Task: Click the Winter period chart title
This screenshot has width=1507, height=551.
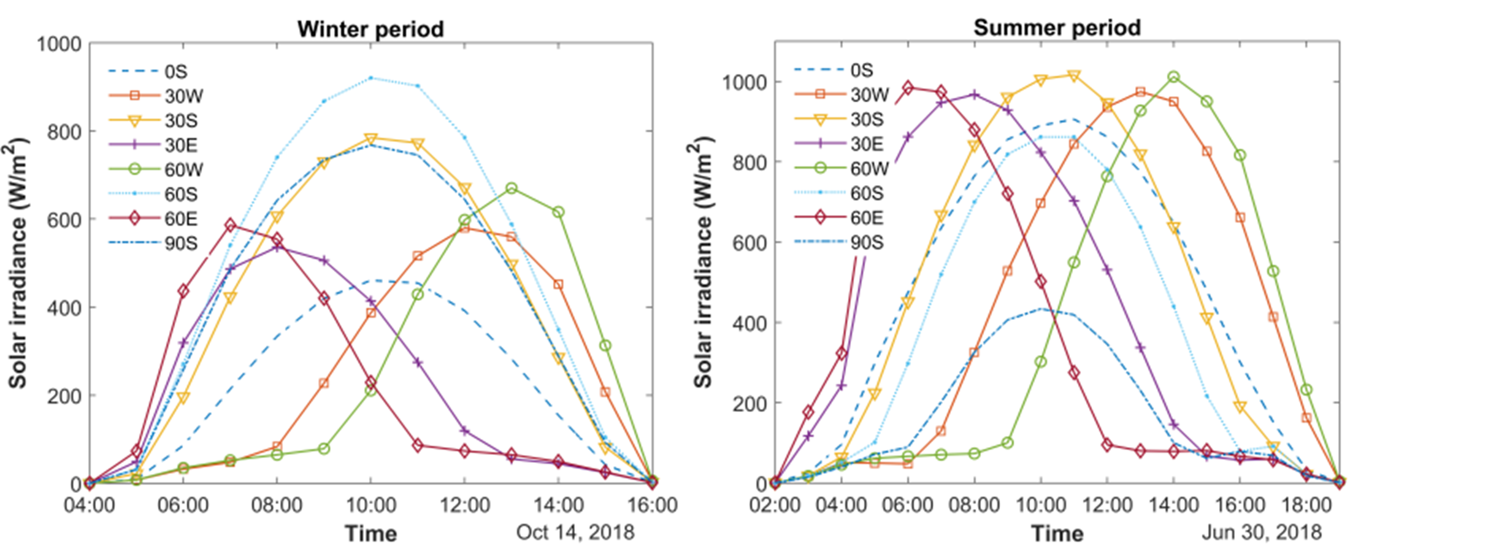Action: pos(370,29)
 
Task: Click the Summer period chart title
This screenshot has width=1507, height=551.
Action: pos(1057,28)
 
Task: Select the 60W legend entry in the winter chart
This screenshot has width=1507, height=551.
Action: pos(183,169)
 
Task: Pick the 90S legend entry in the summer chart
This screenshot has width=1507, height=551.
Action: pos(866,242)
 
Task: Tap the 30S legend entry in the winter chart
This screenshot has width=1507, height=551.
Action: pos(181,121)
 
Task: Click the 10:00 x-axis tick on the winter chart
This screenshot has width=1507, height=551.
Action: pos(370,505)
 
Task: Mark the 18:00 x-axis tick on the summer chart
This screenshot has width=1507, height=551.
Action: pos(1306,505)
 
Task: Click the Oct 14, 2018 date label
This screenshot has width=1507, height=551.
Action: pos(575,532)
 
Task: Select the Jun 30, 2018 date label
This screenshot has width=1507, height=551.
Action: pos(1261,532)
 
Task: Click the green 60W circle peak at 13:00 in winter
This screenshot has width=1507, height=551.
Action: pos(511,188)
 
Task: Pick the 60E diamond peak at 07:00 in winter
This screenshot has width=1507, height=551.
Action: pos(230,225)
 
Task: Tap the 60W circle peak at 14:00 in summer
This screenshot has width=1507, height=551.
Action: pos(1173,77)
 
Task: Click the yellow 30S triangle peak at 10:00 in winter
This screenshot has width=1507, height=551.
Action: pos(370,139)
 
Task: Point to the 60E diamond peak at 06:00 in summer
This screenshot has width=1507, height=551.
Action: pos(908,88)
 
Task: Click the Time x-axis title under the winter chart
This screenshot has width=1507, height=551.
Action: pos(370,534)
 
